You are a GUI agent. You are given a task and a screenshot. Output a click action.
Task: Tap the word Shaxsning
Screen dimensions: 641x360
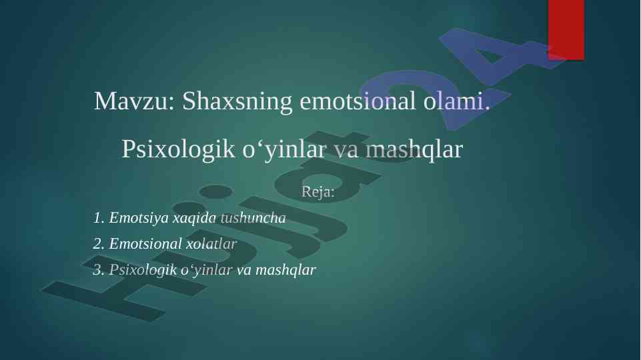click(237, 101)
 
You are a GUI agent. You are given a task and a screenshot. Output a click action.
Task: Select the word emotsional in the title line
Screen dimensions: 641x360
click(358, 101)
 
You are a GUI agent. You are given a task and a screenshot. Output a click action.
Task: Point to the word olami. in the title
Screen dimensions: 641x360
click(457, 101)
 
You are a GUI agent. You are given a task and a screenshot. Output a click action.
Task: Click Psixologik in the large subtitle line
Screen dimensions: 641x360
click(178, 149)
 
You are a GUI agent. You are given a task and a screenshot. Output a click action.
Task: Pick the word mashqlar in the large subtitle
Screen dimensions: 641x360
click(414, 149)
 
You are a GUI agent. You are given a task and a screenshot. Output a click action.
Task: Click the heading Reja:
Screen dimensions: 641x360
click(317, 191)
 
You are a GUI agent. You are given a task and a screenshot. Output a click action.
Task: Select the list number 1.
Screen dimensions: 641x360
click(99, 218)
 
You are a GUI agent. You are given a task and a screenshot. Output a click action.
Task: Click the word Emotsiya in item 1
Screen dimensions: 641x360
click(139, 219)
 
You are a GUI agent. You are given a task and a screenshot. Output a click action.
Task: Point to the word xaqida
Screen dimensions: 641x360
click(195, 219)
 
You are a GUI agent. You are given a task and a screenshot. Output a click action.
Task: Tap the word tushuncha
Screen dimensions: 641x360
click(253, 218)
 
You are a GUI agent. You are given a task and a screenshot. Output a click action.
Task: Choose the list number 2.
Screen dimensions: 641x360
click(99, 244)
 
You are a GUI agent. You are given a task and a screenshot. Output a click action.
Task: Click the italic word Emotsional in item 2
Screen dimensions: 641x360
click(145, 244)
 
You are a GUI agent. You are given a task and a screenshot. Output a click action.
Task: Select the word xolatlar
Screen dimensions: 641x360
click(211, 244)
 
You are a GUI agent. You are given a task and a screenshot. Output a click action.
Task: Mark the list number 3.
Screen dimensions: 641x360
click(99, 270)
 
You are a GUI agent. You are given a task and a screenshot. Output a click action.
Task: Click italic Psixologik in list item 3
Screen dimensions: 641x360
click(143, 271)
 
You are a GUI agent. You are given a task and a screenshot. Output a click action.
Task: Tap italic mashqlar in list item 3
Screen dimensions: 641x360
click(285, 271)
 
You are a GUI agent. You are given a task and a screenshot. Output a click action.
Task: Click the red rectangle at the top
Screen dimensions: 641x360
click(566, 30)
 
